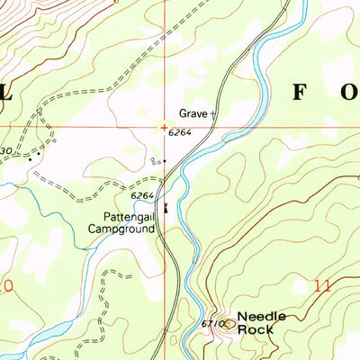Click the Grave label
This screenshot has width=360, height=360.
tap(192, 114)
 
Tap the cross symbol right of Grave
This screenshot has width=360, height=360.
tap(213, 113)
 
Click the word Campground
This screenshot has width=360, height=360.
tap(121, 229)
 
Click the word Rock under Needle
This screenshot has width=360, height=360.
tap(253, 328)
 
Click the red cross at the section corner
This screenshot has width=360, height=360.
tap(164, 127)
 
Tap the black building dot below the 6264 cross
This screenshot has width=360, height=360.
tap(165, 161)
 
